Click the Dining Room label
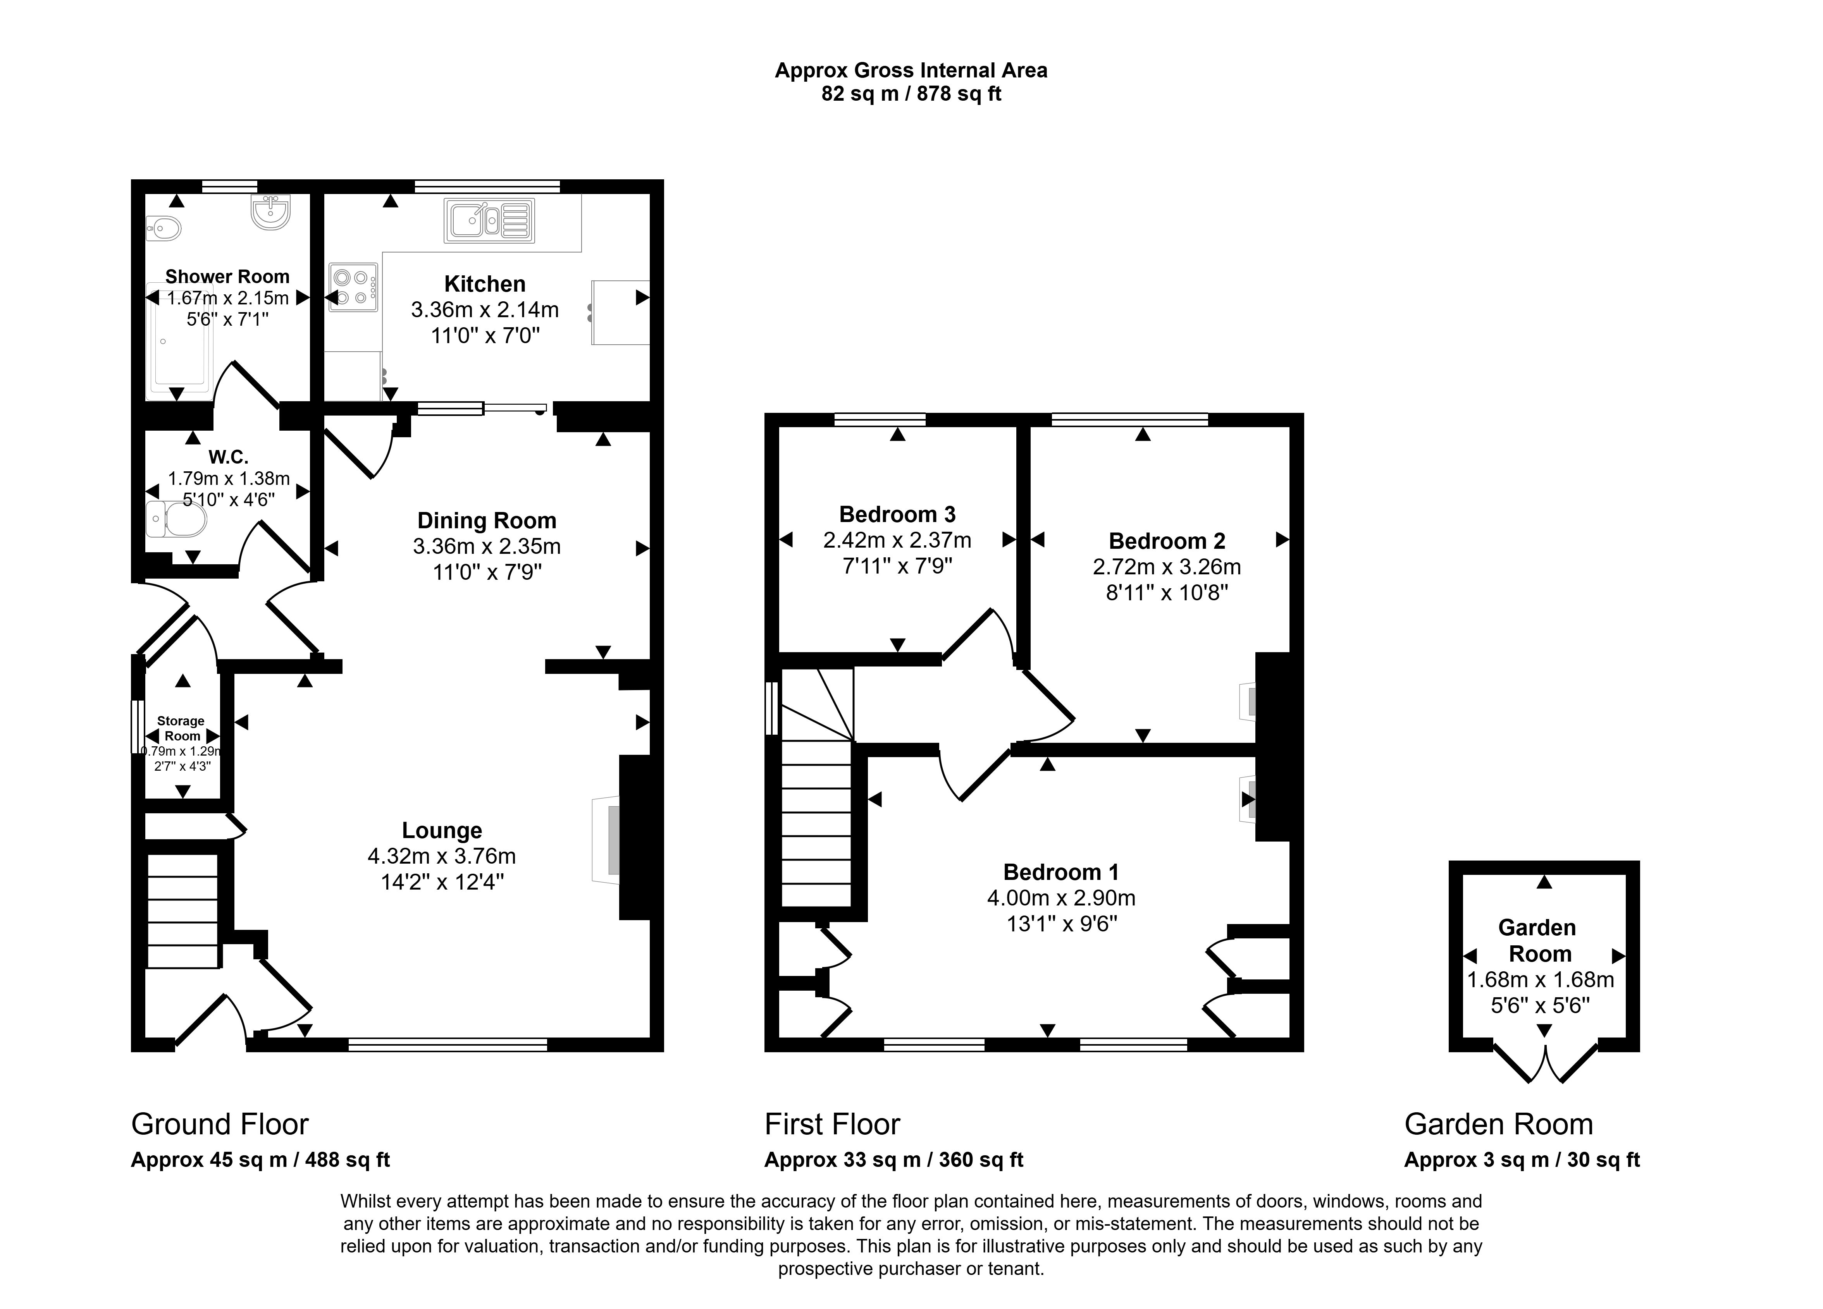click(x=486, y=521)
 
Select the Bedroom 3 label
click(x=897, y=514)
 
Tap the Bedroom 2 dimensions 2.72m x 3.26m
click(x=1166, y=567)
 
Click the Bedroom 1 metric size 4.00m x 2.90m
click(x=1061, y=898)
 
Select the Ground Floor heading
click(x=219, y=1123)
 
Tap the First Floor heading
click(x=832, y=1123)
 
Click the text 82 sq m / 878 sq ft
click(x=911, y=94)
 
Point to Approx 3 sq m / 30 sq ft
click(x=1522, y=1160)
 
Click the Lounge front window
click(x=448, y=1044)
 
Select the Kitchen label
click(x=485, y=283)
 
